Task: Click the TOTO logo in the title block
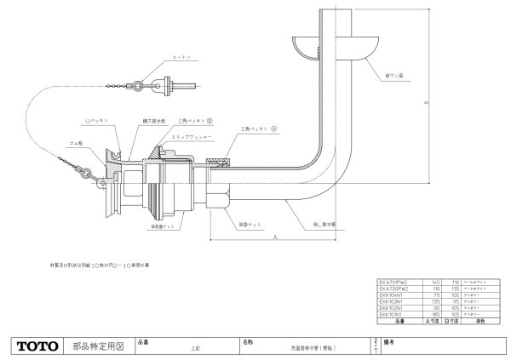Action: [37, 346]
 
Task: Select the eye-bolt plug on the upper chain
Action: [162, 85]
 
